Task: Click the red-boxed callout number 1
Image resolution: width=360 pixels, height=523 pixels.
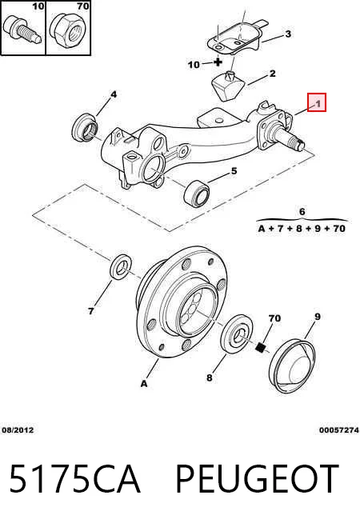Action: [318, 103]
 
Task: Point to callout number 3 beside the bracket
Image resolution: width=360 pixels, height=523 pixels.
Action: [288, 34]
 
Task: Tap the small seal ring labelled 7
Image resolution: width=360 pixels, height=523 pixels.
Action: [121, 267]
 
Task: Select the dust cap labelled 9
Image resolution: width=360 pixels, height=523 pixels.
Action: [292, 366]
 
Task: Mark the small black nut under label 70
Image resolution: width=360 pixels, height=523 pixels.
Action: [261, 348]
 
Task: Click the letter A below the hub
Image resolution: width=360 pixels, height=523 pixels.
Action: [144, 384]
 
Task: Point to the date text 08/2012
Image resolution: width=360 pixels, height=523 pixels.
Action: [18, 430]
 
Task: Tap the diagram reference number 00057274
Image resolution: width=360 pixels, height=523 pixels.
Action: [339, 430]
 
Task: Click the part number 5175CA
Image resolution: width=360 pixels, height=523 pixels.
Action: [74, 479]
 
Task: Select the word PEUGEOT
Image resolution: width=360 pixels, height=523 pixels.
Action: [258, 479]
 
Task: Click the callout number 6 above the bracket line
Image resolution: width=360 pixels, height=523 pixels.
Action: [302, 211]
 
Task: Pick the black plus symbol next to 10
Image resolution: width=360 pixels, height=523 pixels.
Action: [218, 62]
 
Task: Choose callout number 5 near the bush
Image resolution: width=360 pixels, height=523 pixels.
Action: [234, 171]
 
